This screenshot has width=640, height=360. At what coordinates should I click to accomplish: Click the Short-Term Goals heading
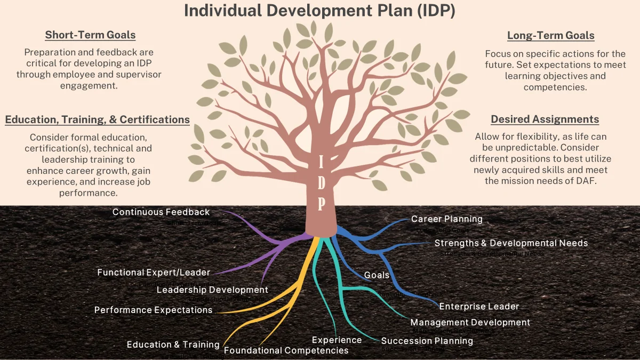click(90, 35)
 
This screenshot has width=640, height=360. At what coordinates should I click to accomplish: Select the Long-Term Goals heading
click(550, 36)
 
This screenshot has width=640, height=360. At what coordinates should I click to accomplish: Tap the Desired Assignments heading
click(545, 119)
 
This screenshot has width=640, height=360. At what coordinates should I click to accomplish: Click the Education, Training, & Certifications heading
click(98, 119)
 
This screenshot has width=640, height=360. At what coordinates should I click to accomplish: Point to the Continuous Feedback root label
click(161, 212)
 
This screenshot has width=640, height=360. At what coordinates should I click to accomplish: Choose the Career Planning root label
click(446, 219)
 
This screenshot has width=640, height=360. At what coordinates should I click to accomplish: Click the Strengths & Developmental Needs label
click(511, 243)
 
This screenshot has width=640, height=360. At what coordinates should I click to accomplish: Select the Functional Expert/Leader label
click(154, 273)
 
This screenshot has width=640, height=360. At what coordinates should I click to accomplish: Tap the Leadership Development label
click(212, 290)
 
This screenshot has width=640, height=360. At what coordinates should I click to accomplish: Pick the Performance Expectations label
click(153, 310)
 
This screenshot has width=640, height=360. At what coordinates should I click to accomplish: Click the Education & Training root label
click(173, 345)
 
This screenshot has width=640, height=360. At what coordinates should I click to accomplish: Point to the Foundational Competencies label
click(286, 350)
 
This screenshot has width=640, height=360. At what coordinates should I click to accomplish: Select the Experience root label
click(337, 340)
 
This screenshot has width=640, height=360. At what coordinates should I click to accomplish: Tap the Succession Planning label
click(427, 341)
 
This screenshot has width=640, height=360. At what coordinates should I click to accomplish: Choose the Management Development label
click(470, 322)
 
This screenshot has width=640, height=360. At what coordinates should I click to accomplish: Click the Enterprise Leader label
click(479, 306)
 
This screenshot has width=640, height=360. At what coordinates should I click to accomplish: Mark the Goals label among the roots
click(377, 275)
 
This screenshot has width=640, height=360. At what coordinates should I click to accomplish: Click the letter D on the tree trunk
click(321, 182)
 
